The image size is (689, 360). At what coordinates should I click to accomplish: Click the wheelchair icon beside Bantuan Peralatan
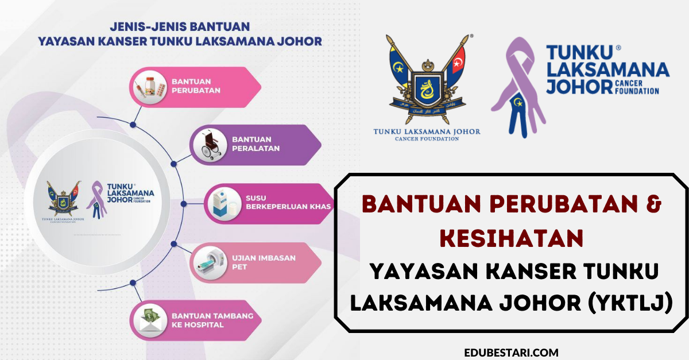pyautogui.click(x=211, y=145)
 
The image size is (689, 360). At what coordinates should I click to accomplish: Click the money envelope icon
pyautogui.click(x=150, y=320)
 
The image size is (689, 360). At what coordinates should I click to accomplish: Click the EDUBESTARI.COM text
pyautogui.click(x=511, y=353)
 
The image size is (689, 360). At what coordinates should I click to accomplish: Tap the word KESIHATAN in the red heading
pyautogui.click(x=512, y=238)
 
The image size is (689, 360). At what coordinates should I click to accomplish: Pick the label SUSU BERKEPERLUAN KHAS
pyautogui.click(x=288, y=202)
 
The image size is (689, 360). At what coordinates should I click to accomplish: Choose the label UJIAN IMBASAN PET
pyautogui.click(x=264, y=262)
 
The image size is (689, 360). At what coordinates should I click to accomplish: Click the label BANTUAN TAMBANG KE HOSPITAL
pyautogui.click(x=212, y=320)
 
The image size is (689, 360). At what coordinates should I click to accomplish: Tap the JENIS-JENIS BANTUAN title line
pyautogui.click(x=180, y=27)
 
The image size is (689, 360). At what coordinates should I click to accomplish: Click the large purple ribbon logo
pyautogui.click(x=518, y=88)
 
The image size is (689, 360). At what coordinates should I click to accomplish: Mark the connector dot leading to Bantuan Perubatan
pyautogui.click(x=133, y=125)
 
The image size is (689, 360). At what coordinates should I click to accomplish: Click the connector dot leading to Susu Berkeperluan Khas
pyautogui.click(x=184, y=204)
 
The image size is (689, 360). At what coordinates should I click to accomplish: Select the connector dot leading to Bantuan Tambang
pyautogui.click(x=133, y=282)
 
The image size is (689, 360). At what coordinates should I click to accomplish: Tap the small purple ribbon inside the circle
pyautogui.click(x=96, y=200)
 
